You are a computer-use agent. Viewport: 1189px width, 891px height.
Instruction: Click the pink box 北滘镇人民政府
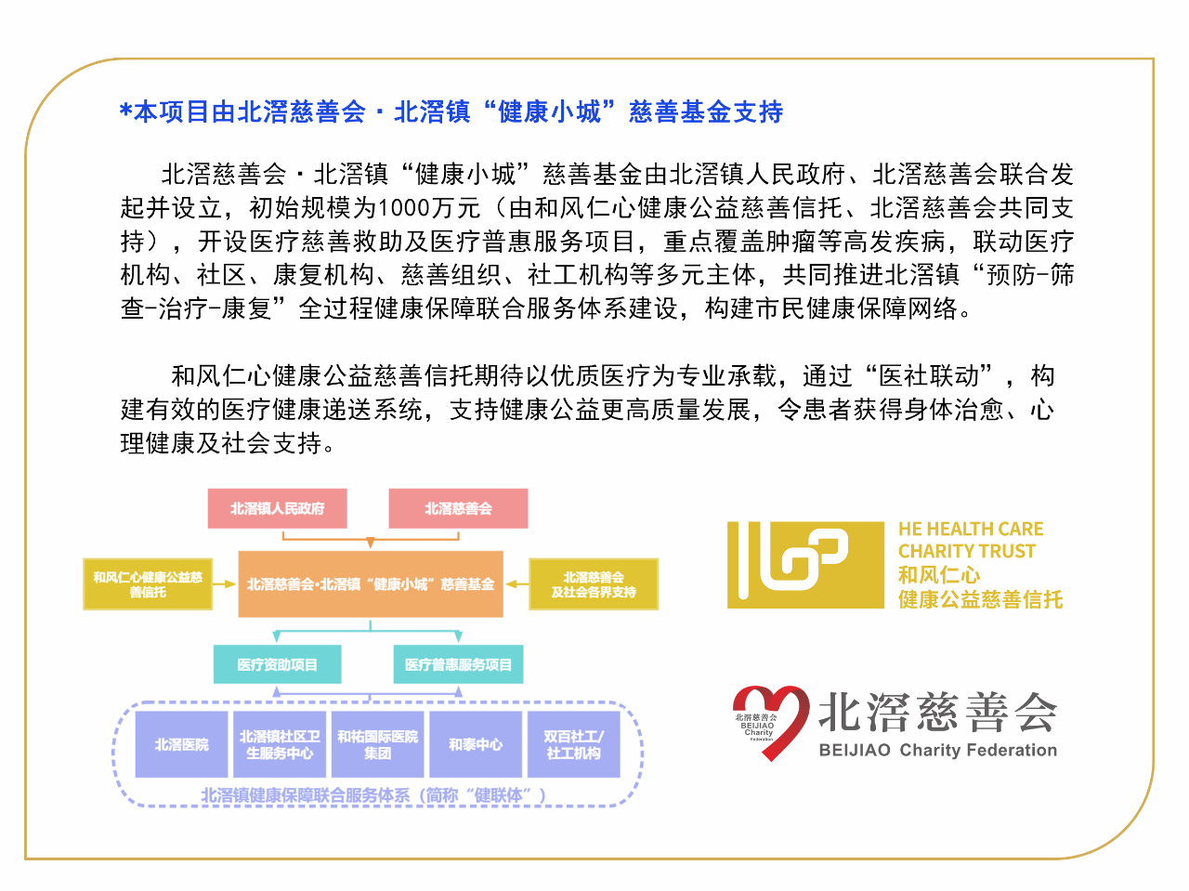click(x=277, y=508)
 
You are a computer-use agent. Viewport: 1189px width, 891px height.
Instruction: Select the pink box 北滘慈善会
click(x=458, y=508)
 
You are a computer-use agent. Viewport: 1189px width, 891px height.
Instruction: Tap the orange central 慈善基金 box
click(x=371, y=583)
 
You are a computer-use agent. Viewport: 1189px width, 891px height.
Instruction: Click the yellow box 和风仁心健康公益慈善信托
click(x=148, y=583)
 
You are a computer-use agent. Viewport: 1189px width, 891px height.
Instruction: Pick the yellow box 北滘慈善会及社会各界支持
click(x=594, y=583)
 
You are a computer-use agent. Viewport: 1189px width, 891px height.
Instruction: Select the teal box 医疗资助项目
click(x=277, y=664)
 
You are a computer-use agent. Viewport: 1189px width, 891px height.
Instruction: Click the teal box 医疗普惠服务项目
click(x=458, y=664)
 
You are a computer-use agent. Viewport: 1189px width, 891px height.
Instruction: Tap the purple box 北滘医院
click(x=181, y=744)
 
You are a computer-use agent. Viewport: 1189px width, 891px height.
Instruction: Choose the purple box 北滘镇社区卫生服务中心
click(x=280, y=744)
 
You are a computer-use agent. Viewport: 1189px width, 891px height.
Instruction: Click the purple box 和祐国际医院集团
click(x=377, y=744)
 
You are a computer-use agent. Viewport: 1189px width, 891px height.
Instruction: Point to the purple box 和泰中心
click(x=476, y=744)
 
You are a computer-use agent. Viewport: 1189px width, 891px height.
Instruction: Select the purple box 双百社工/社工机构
click(x=574, y=744)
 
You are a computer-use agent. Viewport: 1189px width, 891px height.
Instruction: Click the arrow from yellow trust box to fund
click(x=224, y=583)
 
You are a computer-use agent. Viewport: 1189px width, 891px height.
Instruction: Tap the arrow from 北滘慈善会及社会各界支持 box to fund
click(x=516, y=583)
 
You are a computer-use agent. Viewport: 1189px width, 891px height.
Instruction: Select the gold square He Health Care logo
click(x=805, y=565)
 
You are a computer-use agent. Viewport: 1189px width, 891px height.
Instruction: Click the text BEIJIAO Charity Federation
click(x=937, y=750)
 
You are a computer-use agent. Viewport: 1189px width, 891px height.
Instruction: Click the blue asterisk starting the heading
click(x=125, y=111)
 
